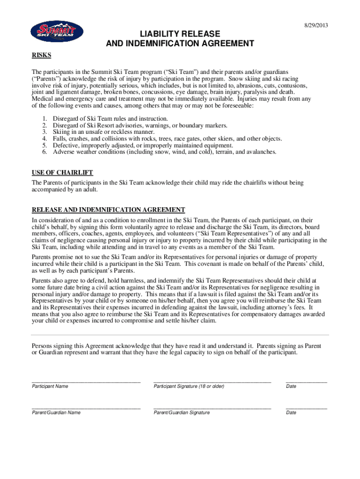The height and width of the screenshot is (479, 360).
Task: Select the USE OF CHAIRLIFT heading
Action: tap(58, 172)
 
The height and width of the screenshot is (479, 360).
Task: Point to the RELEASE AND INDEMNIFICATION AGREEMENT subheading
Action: tap(108, 209)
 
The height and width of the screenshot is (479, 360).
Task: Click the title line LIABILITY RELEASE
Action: tap(180, 34)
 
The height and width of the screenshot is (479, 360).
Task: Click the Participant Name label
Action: tap(50, 386)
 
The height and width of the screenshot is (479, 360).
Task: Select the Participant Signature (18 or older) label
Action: tap(189, 386)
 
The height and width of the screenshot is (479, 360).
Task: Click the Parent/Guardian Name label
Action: tap(56, 413)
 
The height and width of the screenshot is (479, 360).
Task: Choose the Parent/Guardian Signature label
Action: tap(181, 413)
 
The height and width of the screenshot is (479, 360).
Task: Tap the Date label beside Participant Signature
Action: tap(291, 386)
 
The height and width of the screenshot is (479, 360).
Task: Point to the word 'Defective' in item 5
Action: tap(65, 145)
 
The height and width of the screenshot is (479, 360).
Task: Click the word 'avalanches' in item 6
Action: tap(261, 152)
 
